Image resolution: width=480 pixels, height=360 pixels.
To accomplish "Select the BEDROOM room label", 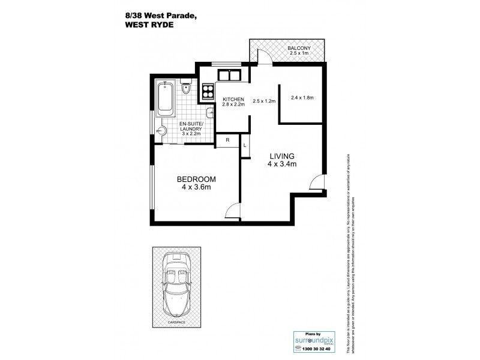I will [196, 179].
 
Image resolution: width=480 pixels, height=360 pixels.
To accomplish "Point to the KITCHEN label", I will [233, 99].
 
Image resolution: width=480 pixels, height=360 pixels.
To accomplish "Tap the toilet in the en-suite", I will [187, 88].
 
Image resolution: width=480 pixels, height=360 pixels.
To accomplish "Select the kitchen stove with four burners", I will [208, 92].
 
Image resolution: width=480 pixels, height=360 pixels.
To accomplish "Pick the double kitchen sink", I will [228, 75].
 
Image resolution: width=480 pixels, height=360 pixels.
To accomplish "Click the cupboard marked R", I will [227, 140].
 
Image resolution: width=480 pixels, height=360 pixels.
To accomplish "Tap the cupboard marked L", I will [245, 145].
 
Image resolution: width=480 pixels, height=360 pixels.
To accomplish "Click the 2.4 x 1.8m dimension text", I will [302, 97].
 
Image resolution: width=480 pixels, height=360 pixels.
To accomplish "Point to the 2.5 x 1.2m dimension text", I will [264, 101].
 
